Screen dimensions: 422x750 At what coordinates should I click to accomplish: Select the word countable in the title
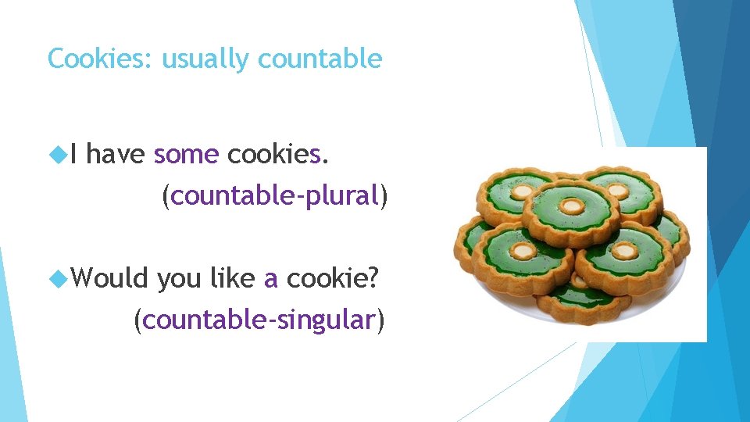[x=320, y=59]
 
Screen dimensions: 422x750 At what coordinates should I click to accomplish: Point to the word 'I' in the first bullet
[x=73, y=156]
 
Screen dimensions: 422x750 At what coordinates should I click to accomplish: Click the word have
[x=115, y=156]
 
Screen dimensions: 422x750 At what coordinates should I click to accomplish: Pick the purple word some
[x=186, y=156]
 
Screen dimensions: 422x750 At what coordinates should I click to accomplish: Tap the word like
[x=234, y=277]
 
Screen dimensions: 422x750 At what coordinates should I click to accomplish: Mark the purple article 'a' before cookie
[x=271, y=279]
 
